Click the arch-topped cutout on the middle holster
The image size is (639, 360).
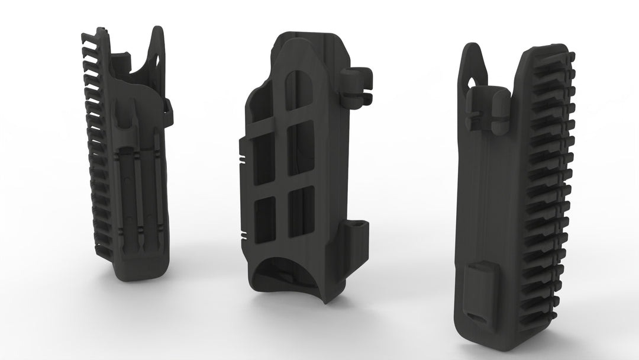coord(299,104)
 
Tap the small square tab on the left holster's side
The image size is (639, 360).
coord(168,105)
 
